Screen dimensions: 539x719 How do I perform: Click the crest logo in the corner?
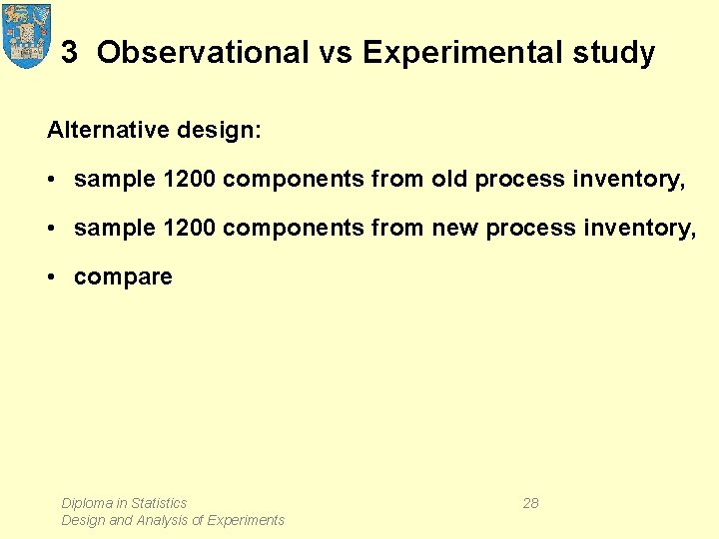point(27,35)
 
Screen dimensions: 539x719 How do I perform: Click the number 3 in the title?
point(69,53)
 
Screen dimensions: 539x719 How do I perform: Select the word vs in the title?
point(336,53)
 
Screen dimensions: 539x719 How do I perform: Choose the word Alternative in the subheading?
point(103,131)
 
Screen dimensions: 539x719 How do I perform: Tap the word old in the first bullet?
point(450,180)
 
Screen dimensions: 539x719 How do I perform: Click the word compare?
point(123,277)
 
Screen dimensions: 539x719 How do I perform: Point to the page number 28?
point(530,503)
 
